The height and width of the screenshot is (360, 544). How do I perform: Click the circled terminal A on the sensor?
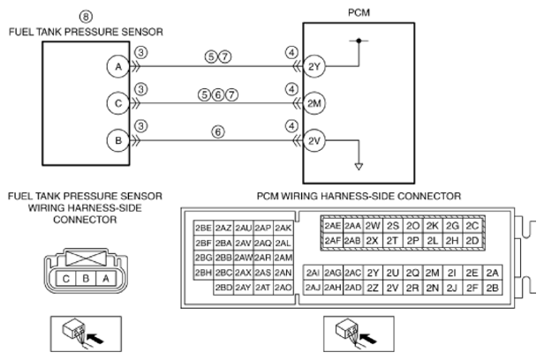coord(118,66)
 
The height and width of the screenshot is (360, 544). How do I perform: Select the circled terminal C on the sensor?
coord(118,103)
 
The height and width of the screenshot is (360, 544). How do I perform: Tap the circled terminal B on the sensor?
coord(118,140)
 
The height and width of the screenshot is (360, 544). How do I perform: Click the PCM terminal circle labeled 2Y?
coord(314,66)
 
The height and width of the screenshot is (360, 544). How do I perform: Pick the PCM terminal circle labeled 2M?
coord(314,103)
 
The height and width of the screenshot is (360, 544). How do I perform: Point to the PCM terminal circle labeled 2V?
coord(314,140)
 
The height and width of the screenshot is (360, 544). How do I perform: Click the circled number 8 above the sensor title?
coord(86,16)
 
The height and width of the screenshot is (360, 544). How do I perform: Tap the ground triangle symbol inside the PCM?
coord(359,166)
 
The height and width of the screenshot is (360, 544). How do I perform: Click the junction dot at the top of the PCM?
coord(359,41)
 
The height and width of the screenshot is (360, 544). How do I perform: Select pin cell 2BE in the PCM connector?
coord(203,228)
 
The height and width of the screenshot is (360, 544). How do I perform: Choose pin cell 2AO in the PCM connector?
coord(283,288)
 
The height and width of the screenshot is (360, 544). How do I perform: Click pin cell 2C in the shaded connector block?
coord(472,226)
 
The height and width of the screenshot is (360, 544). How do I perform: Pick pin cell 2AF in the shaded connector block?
coord(332,241)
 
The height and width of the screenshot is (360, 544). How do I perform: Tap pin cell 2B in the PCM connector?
coord(492,288)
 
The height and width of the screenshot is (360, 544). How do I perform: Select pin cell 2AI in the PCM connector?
coord(313,273)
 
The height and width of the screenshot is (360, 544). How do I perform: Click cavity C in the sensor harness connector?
coord(66,279)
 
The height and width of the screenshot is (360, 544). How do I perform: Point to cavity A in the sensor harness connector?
coord(106,279)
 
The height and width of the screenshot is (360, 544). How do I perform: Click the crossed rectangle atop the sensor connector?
coord(86,259)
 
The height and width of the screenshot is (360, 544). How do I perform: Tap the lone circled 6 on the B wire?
coord(218,131)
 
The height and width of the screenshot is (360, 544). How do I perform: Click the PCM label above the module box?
coord(359,12)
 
